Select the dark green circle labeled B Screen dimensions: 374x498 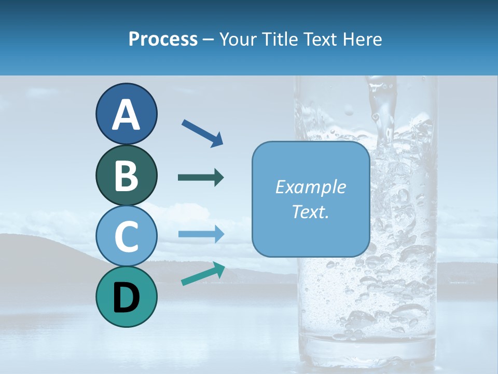tap(126, 176)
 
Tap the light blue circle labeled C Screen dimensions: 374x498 tap(126, 236)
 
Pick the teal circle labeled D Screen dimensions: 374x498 tap(126, 297)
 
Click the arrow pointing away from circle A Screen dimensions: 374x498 tap(202, 132)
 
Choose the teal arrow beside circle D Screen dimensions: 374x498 tap(203, 274)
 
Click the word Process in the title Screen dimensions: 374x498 tap(163, 39)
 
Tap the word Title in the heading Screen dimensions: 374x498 tap(280, 39)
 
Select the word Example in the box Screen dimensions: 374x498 tap(310, 187)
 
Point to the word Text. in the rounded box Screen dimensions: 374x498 tap(310, 212)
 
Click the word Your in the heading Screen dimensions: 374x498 tap(238, 39)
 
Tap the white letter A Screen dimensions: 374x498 tap(126, 114)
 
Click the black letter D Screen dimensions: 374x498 tap(126, 298)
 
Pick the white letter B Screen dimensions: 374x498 tap(126, 176)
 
